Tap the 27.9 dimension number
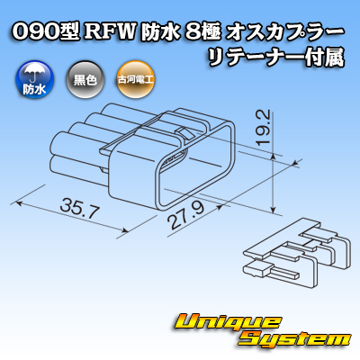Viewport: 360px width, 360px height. [x=186, y=215]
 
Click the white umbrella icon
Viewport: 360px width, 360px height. [x=34, y=73]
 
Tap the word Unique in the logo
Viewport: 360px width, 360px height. [x=228, y=323]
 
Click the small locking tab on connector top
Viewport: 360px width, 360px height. [x=184, y=132]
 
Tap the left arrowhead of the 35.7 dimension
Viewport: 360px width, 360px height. [x=19, y=203]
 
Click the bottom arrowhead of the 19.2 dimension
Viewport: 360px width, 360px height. [x=273, y=209]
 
